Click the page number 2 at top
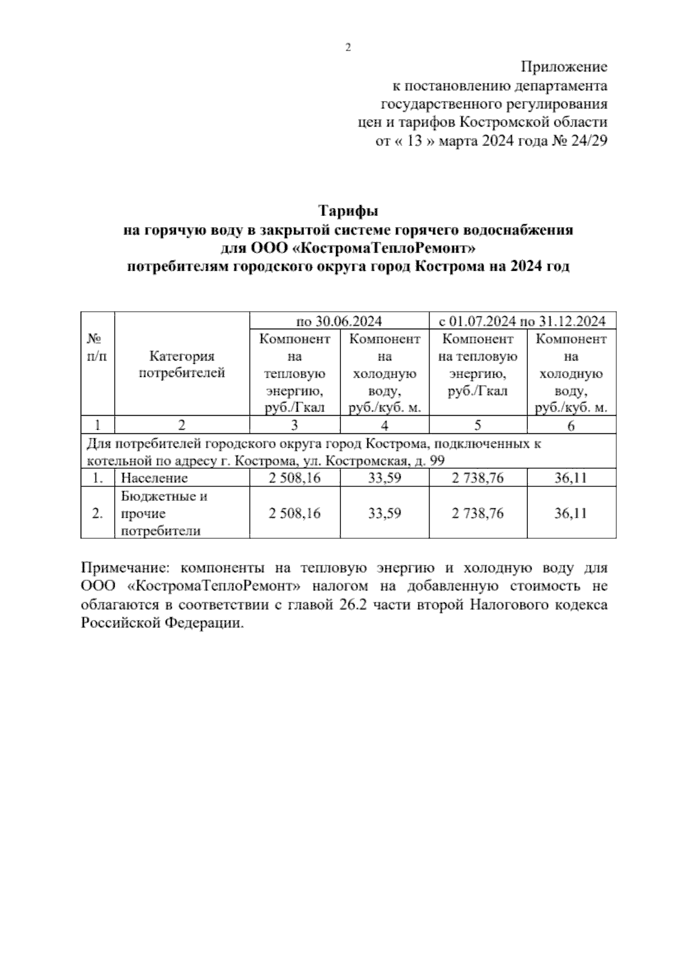(x=348, y=48)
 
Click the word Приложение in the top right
(x=564, y=67)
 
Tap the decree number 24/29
(x=589, y=141)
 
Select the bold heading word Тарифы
(x=348, y=212)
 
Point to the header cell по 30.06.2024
(x=339, y=321)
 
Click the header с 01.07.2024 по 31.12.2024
(x=522, y=321)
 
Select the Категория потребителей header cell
(x=182, y=365)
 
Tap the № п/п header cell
(x=98, y=347)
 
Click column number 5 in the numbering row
(x=478, y=425)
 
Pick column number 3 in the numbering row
(x=295, y=425)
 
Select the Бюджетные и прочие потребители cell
(x=165, y=513)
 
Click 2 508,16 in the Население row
(x=295, y=478)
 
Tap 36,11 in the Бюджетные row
(x=570, y=513)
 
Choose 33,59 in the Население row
(x=384, y=478)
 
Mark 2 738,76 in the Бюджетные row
(x=478, y=513)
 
